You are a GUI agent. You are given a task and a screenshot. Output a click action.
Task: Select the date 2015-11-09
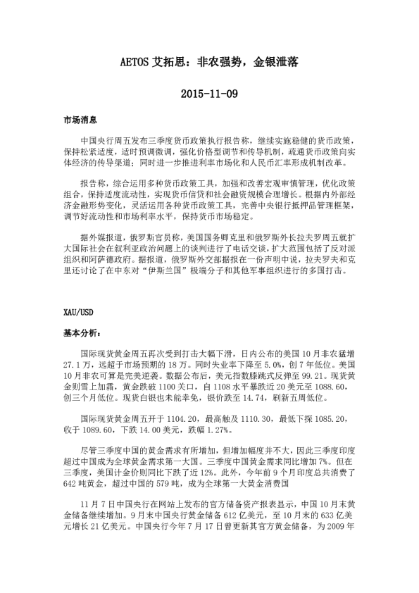[x=209, y=93]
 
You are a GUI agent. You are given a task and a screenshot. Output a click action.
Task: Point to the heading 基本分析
[x=81, y=332]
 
